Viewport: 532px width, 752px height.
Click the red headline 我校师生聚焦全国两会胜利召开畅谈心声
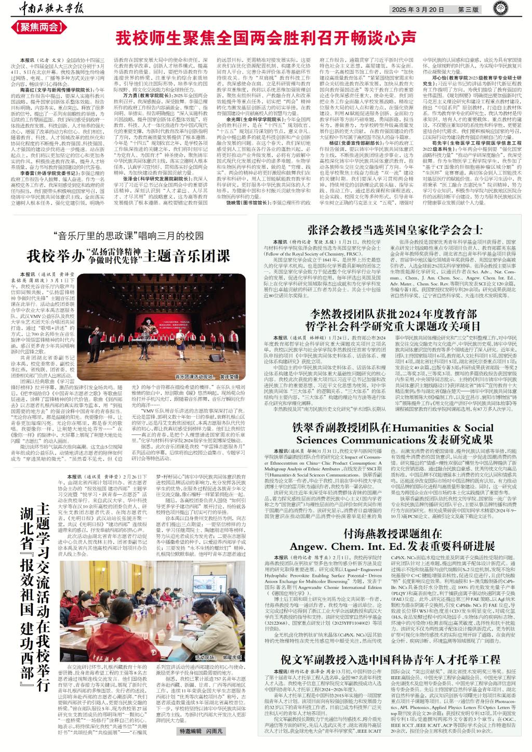265,38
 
